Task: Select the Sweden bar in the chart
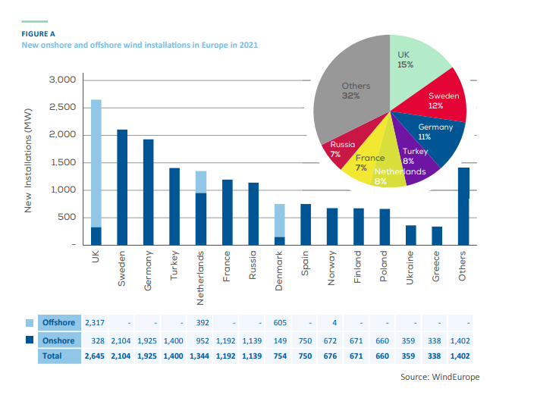(x=122, y=187)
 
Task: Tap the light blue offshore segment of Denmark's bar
(x=280, y=220)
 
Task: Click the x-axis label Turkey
(x=174, y=265)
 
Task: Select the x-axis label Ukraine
(x=410, y=267)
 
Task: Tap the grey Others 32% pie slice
(x=349, y=91)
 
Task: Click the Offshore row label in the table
(x=58, y=323)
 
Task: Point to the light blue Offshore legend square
(x=29, y=323)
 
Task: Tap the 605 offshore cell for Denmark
(x=279, y=323)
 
